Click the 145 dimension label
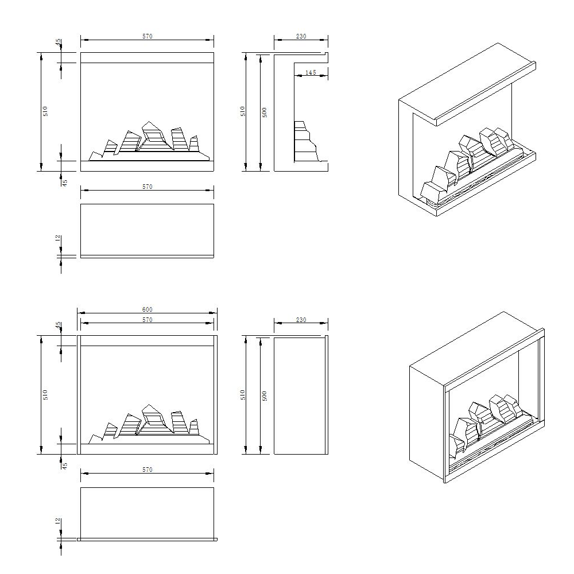(x=311, y=72)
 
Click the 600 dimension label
(x=147, y=309)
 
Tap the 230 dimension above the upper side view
(x=301, y=36)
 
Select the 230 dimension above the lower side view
(x=301, y=320)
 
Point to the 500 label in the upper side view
(x=265, y=113)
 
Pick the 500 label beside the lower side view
(x=265, y=395)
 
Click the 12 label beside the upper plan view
(x=58, y=238)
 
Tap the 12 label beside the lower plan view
(x=58, y=522)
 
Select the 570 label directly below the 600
(x=147, y=320)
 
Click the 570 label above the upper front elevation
(x=147, y=36)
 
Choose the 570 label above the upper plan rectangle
(x=147, y=187)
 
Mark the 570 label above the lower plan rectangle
(x=147, y=470)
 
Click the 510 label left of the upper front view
(x=45, y=111)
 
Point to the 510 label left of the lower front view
(x=45, y=394)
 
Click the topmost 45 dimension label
(x=58, y=43)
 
